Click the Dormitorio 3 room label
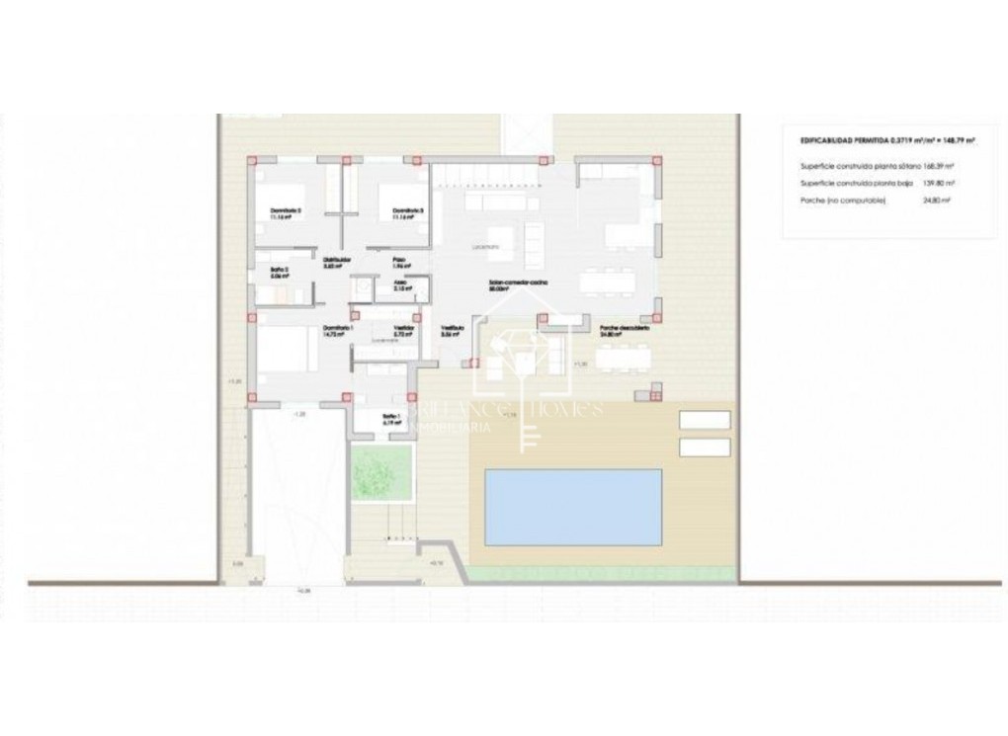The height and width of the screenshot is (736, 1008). coord(407,210)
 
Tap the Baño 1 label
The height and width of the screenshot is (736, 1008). coord(391,418)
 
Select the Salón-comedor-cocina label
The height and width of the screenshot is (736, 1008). coord(519,284)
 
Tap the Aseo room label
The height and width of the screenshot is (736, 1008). coord(401,284)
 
